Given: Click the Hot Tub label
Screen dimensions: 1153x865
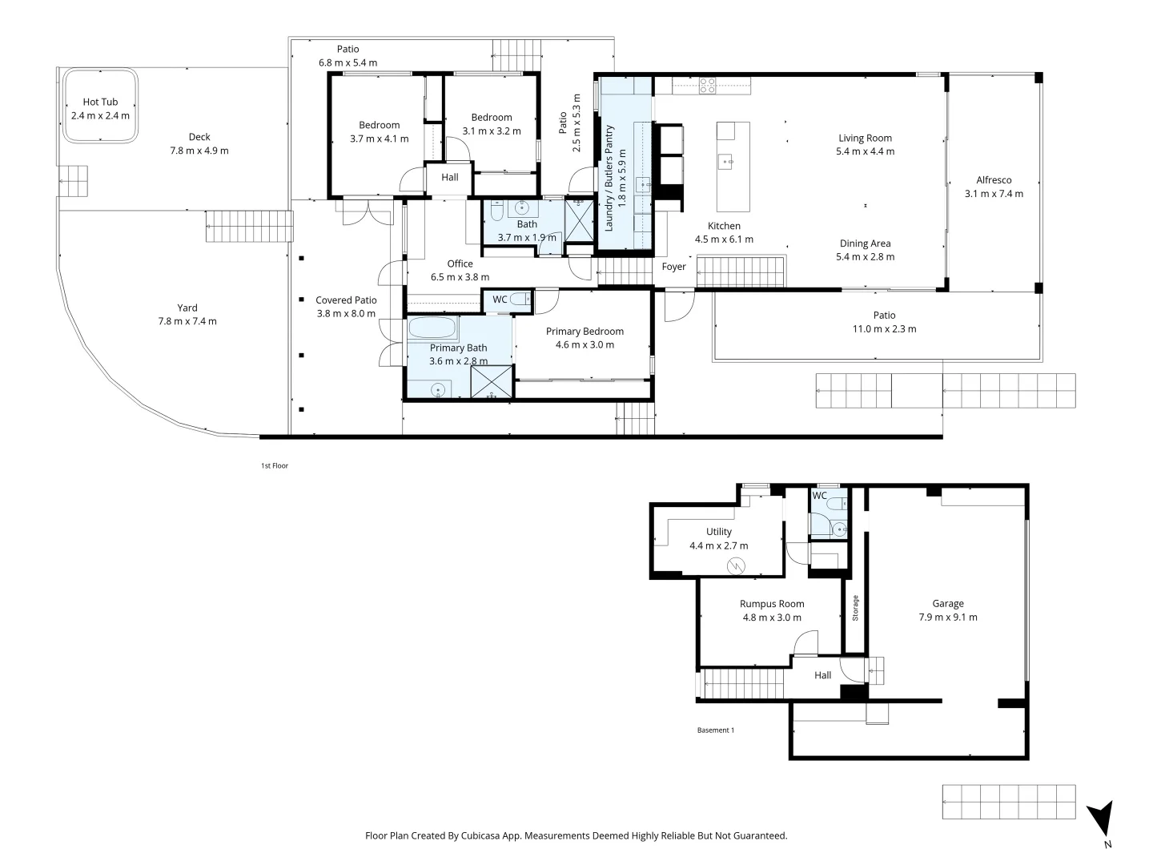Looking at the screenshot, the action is (100, 102).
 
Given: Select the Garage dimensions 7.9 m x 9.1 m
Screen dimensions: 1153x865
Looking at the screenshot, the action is (947, 617).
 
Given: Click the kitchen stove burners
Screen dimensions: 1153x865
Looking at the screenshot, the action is (707, 85).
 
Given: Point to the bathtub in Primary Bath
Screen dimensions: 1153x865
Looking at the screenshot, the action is (432, 328).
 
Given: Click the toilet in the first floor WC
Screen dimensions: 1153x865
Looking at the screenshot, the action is (520, 300).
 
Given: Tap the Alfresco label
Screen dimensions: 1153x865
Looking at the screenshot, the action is (994, 180).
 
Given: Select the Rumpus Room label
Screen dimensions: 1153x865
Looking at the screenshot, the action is (771, 604).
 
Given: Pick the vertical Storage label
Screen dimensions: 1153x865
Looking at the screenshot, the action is (855, 608).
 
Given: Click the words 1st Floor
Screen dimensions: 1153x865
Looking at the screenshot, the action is (274, 465).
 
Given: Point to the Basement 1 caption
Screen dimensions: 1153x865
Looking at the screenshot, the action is (715, 730).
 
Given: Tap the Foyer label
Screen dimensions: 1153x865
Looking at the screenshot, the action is (673, 267).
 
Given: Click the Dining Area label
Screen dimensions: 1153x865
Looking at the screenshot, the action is (865, 243).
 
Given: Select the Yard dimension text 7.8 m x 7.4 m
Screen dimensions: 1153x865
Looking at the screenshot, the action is (187, 321).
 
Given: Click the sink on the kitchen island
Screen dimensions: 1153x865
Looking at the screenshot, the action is (727, 162).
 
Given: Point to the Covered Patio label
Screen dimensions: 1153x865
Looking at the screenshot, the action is (346, 300).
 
